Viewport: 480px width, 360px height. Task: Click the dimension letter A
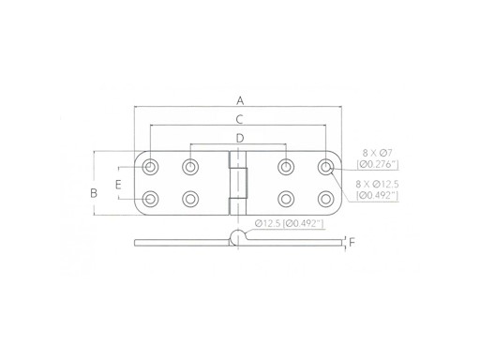point(240,100)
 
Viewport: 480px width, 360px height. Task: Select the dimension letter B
point(93,193)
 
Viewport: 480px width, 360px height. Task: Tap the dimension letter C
point(240,119)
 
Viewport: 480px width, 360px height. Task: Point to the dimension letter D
point(240,139)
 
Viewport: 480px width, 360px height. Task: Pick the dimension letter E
point(118,184)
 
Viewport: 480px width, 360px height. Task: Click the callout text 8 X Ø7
point(377,152)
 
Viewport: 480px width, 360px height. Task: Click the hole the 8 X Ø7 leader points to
point(326,167)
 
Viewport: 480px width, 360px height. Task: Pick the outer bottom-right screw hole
point(326,199)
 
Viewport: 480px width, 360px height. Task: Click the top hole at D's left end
point(191,167)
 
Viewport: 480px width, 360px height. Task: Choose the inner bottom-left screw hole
point(191,199)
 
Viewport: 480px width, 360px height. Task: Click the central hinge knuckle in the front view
point(240,183)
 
